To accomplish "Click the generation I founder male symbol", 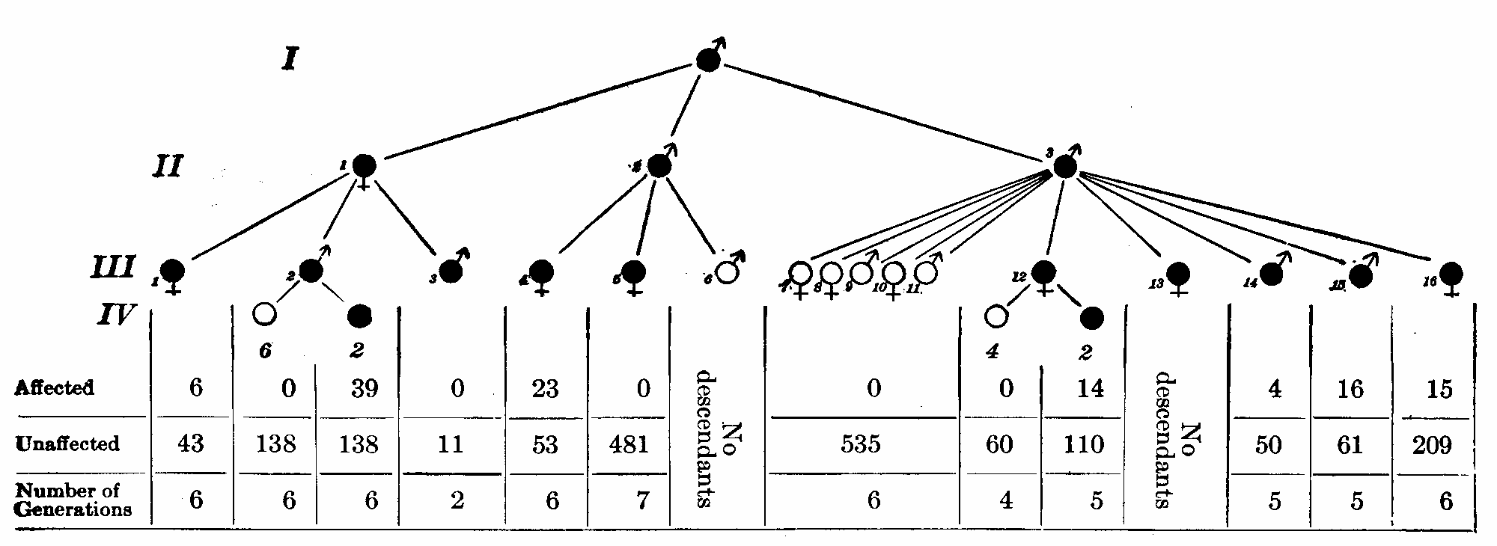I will pyautogui.click(x=708, y=61).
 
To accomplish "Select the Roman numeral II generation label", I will pyautogui.click(x=166, y=166).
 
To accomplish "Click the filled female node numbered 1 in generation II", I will pyautogui.click(x=364, y=166).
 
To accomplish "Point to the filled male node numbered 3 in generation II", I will pyautogui.click(x=1064, y=167).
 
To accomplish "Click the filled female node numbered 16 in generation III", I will pyautogui.click(x=1451, y=274).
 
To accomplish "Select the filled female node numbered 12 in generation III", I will pyautogui.click(x=1043, y=273).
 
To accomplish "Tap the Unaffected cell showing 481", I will pyautogui.click(x=629, y=444).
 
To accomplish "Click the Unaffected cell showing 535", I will pyautogui.click(x=861, y=444).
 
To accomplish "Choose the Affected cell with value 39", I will pyautogui.click(x=364, y=388).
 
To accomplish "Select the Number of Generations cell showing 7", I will pyautogui.click(x=642, y=500).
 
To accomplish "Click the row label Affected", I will pyautogui.click(x=55, y=388).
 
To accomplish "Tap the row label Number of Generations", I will pyautogui.click(x=73, y=500).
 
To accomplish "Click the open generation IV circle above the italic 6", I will pyautogui.click(x=264, y=315).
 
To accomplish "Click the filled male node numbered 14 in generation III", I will pyautogui.click(x=1270, y=274).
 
